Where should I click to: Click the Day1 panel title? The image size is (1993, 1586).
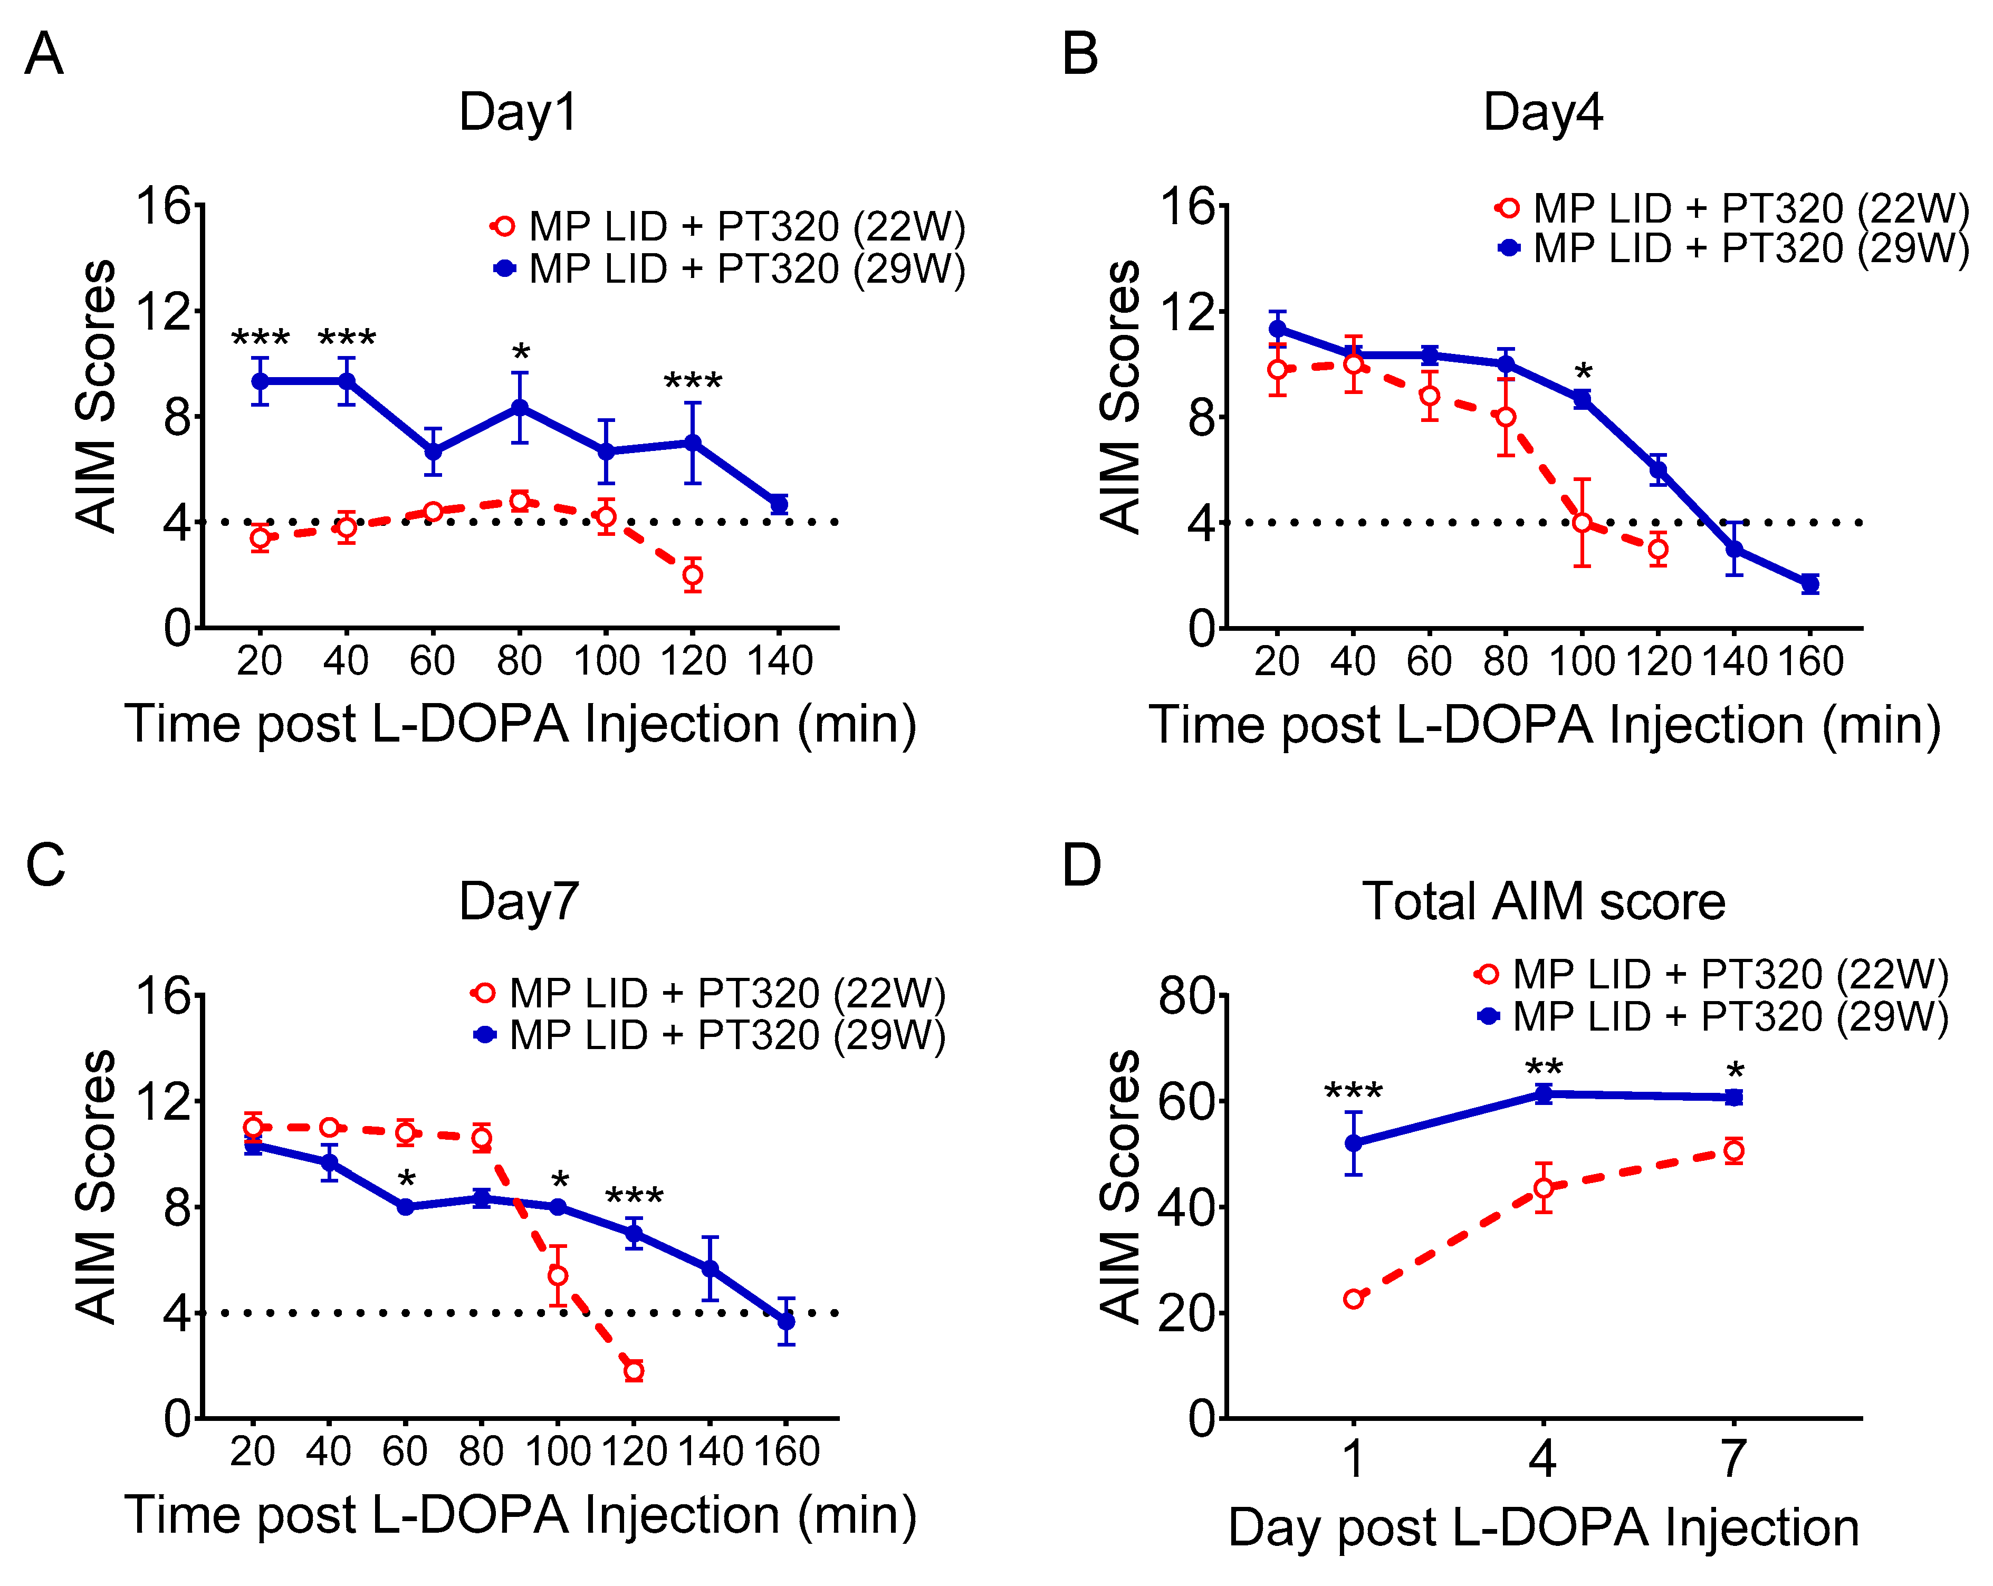pos(519,113)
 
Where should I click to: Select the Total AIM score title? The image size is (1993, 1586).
pos(1543,901)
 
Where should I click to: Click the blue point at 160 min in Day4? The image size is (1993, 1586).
pos(1810,584)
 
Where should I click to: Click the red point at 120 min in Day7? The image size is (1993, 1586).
pos(633,1371)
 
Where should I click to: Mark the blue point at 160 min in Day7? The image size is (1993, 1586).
pos(785,1322)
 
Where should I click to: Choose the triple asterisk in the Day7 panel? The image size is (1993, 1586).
pos(634,1198)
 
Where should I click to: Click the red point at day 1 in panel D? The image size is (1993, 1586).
pos(1353,1299)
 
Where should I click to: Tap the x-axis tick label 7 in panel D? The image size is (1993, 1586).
pos(1733,1458)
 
